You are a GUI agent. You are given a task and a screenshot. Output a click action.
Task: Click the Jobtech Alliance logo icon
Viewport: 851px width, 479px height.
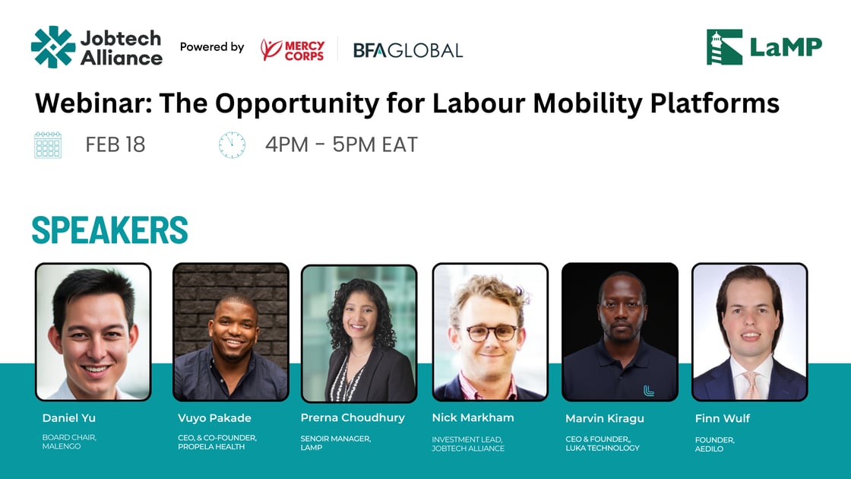coord(53,47)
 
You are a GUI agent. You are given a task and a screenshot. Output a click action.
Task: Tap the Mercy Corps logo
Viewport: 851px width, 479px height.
coord(293,50)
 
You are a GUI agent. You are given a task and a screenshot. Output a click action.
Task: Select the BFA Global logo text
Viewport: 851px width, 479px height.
coord(408,50)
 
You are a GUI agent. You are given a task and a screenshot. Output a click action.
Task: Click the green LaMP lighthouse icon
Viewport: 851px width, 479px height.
coord(724,47)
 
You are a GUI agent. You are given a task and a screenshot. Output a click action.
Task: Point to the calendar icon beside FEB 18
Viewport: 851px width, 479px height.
coord(48,144)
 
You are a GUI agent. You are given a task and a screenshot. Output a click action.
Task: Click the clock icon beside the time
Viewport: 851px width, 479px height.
coord(232,144)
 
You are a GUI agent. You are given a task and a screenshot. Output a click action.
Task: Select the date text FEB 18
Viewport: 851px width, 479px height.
coord(115,144)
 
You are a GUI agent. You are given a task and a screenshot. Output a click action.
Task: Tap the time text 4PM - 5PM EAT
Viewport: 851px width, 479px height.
coord(341,144)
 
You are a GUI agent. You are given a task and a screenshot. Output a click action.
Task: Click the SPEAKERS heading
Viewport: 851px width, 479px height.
coord(109,230)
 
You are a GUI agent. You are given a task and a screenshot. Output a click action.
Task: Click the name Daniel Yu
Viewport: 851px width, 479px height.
coord(68,418)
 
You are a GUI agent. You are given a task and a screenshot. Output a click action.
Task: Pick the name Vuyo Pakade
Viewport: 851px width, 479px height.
coord(214,418)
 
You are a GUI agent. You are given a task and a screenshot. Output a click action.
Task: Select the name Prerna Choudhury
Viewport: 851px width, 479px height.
coord(353,417)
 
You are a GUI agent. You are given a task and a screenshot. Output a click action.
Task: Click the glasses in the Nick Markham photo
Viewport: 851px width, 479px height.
coord(491,332)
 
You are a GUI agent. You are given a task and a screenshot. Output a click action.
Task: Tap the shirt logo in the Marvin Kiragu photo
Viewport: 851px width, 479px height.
coord(648,390)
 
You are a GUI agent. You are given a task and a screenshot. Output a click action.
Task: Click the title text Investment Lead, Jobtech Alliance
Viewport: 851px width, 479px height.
coord(468,444)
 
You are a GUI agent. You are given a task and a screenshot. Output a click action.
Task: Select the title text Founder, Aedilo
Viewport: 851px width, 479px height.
coord(714,444)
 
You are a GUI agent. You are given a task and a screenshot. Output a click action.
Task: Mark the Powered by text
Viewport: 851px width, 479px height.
coord(212,47)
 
